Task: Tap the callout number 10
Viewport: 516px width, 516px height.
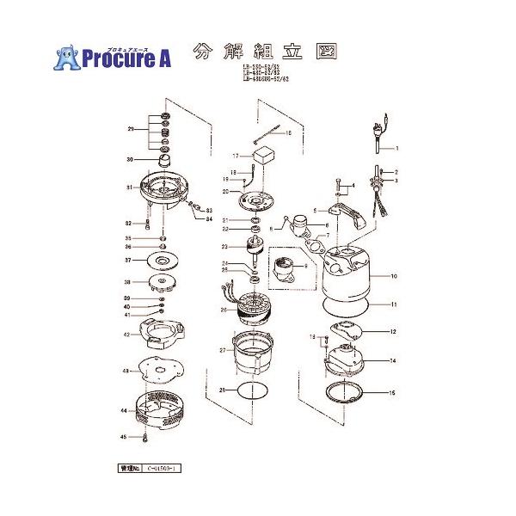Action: [394, 277]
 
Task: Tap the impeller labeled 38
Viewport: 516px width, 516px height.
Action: [161, 283]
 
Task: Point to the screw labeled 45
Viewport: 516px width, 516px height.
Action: [147, 438]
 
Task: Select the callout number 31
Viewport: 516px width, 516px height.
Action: [127, 187]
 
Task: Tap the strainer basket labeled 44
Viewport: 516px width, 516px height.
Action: [162, 412]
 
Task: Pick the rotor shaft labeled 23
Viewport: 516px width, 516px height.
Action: [255, 252]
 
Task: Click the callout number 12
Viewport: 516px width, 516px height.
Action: [394, 331]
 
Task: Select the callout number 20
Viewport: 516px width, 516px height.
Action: [225, 191]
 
